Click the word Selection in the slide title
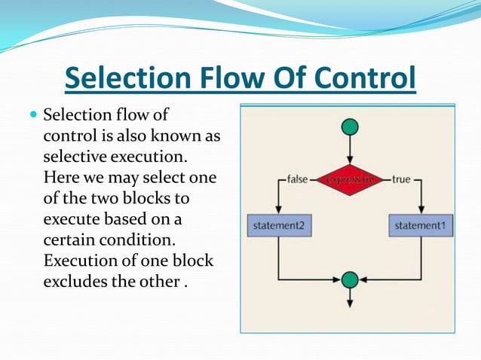pyautogui.click(x=125, y=79)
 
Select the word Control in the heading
pyautogui.click(x=366, y=79)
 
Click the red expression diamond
pyautogui.click(x=349, y=180)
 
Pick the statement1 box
pyautogui.click(x=421, y=224)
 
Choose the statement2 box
pyautogui.click(x=279, y=224)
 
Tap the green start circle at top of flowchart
pyautogui.click(x=349, y=127)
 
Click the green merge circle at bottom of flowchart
pyautogui.click(x=349, y=280)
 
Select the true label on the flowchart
pyautogui.click(x=400, y=180)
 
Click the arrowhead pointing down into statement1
pyautogui.click(x=421, y=210)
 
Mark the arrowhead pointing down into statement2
pyautogui.click(x=279, y=210)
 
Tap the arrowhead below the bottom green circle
pyautogui.click(x=349, y=304)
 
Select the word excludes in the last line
pyautogui.click(x=74, y=282)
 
